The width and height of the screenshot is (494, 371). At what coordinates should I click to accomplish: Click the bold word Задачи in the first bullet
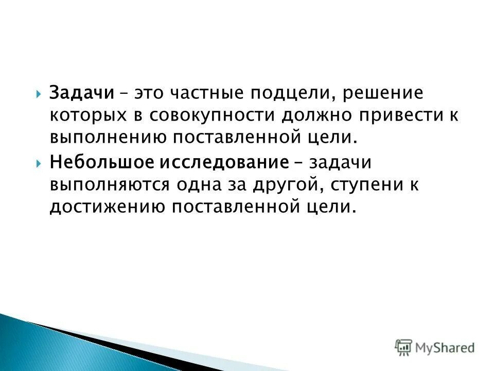(82, 94)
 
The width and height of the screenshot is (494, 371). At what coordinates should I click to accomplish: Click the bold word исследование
(225, 162)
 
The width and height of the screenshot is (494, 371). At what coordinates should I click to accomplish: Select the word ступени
(364, 185)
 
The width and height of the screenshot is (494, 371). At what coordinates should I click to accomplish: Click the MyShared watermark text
(445, 348)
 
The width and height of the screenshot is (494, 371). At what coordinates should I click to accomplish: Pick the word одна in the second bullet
(204, 184)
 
